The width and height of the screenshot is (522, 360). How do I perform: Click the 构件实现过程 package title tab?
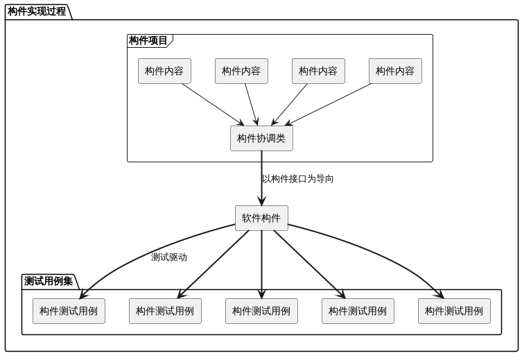(37, 11)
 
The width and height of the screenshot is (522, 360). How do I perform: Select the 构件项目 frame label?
(148, 41)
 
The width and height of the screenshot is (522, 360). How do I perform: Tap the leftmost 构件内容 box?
(164, 71)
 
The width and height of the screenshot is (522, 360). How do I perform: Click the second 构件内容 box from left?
(241, 71)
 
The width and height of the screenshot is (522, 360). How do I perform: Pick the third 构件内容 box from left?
(318, 71)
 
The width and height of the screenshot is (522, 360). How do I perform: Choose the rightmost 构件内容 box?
(395, 71)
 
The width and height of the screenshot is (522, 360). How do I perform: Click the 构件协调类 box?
(261, 138)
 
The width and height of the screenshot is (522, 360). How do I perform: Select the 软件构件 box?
(261, 218)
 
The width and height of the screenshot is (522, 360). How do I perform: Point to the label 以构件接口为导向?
(297, 179)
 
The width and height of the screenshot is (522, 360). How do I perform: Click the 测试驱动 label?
(169, 257)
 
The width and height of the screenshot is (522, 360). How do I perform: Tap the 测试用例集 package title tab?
(49, 281)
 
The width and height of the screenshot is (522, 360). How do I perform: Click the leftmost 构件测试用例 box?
(69, 311)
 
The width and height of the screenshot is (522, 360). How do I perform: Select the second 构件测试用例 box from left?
(165, 311)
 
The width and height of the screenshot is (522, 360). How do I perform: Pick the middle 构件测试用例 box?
(261, 311)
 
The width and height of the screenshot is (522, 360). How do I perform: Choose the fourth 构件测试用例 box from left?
(358, 311)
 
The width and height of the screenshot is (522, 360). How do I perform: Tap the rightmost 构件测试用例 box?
(454, 311)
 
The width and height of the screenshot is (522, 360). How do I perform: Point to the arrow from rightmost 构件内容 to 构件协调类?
(329, 105)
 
